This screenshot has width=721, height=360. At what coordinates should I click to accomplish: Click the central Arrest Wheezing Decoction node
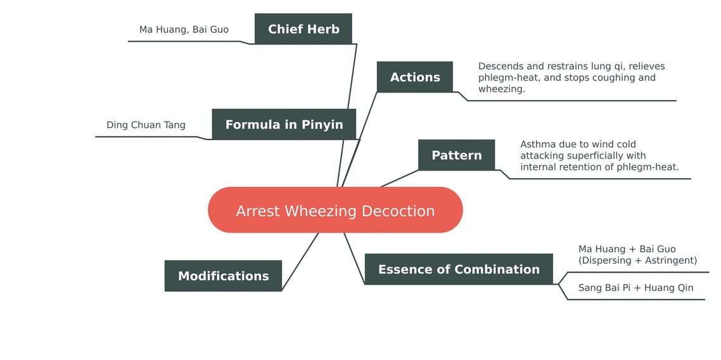[335, 210]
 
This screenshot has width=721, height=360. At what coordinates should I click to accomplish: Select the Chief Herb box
[303, 29]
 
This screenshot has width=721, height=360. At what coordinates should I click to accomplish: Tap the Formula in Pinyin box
[284, 124]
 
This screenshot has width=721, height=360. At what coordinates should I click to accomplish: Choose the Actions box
[415, 77]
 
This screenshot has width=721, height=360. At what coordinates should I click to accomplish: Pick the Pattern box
[457, 155]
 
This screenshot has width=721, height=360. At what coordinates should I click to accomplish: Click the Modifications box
[223, 276]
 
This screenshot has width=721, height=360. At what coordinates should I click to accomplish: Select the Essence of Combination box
[459, 269]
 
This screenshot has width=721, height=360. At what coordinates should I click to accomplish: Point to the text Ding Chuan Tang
[146, 125]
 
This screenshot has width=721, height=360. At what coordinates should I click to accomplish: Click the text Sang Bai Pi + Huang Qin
[636, 288]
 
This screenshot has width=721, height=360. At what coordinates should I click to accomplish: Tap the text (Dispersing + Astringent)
[638, 260]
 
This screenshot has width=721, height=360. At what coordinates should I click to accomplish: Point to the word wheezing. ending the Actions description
[502, 89]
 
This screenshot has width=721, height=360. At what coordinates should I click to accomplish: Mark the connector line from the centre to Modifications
[300, 262]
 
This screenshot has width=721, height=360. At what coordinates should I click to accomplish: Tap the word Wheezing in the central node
[321, 211]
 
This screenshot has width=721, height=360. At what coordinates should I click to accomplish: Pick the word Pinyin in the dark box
[322, 125]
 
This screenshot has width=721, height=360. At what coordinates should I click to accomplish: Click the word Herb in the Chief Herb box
[323, 29]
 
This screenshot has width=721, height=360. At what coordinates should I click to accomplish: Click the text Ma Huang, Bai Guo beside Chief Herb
[184, 29]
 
